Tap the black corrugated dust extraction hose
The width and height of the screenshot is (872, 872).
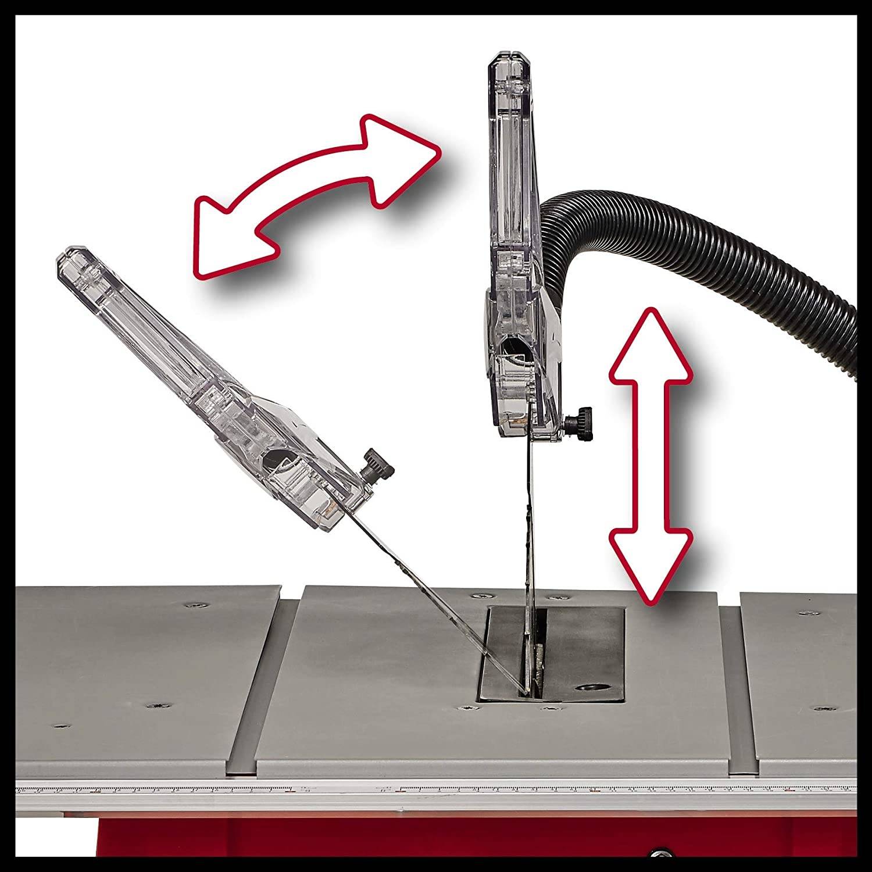(698, 233)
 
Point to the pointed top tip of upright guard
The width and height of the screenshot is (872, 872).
(509, 58)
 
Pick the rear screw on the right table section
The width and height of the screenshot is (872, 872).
(805, 614)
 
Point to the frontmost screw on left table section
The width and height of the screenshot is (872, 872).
(62, 726)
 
